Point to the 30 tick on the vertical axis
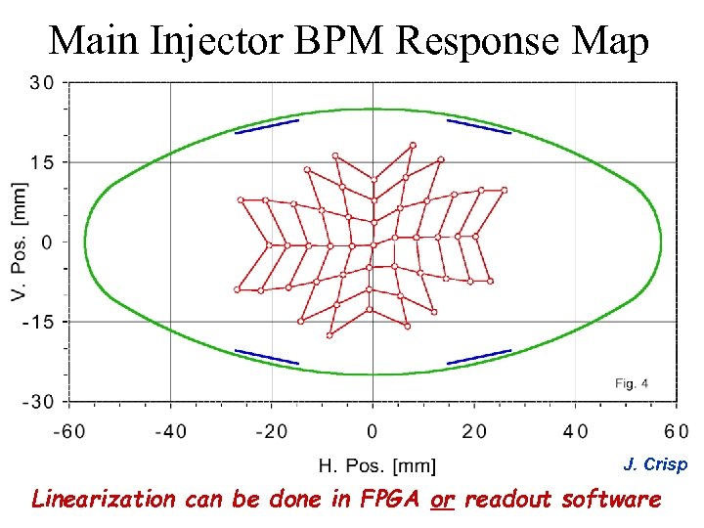tap(42, 82)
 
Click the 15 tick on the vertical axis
tap(42, 161)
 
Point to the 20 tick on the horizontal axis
tap(474, 431)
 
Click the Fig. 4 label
tap(632, 383)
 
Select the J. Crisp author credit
tap(655, 465)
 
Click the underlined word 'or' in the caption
tap(443, 500)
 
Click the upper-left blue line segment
tap(267, 126)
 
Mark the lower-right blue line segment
tap(479, 357)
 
